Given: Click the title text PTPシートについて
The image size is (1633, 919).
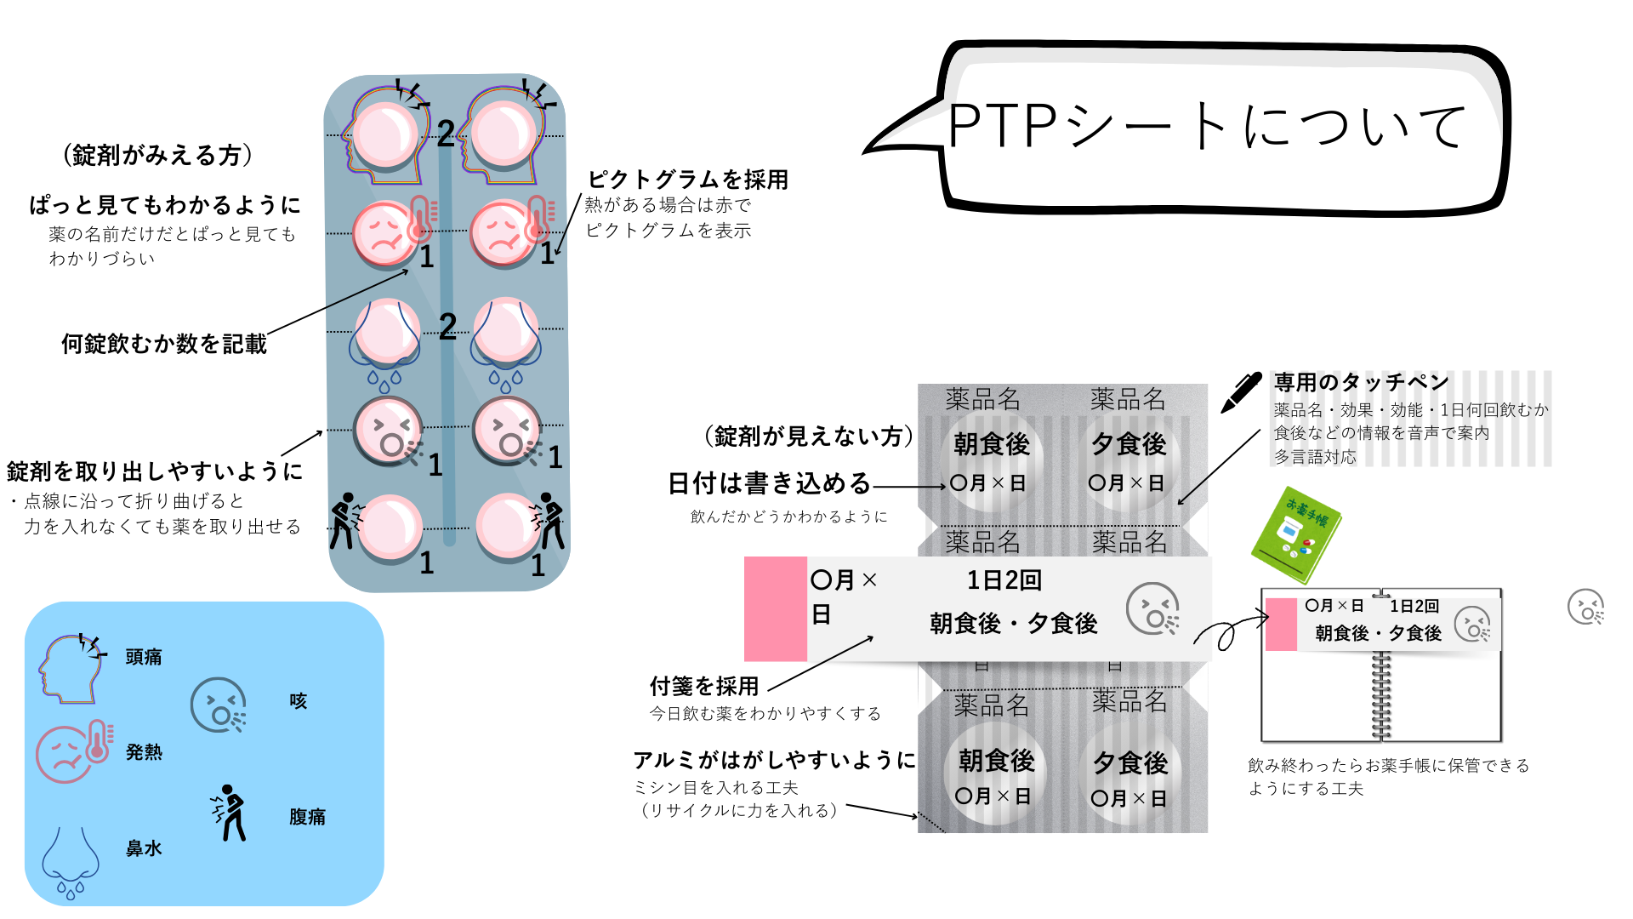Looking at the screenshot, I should click(1208, 126).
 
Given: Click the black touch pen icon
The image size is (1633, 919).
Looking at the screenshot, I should click(1241, 392).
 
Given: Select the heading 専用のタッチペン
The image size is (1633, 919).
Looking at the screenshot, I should click(1361, 382).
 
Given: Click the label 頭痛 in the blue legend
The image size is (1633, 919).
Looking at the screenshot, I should click(143, 657).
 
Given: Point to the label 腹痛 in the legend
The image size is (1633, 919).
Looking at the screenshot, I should click(307, 817).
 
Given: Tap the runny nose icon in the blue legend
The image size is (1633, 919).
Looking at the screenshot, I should click(71, 861).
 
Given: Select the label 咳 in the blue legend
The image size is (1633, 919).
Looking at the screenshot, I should click(298, 701).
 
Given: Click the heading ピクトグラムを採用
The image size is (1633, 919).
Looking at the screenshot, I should click(688, 180).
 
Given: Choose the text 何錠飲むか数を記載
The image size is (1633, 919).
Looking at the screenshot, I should click(164, 344).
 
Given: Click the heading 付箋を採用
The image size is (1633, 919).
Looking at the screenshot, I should click(704, 686).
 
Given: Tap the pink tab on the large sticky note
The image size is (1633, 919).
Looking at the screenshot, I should click(775, 608).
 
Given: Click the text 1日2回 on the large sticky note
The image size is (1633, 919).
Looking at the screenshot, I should click(1004, 580).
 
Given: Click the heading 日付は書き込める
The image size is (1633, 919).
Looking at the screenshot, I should click(769, 483).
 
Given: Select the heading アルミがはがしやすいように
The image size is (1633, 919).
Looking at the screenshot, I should click(774, 760).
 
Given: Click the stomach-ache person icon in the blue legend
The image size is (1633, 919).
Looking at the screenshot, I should click(230, 813).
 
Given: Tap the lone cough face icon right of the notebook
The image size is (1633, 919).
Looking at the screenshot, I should click(1585, 608).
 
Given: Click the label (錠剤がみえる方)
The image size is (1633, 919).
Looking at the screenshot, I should click(158, 155).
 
